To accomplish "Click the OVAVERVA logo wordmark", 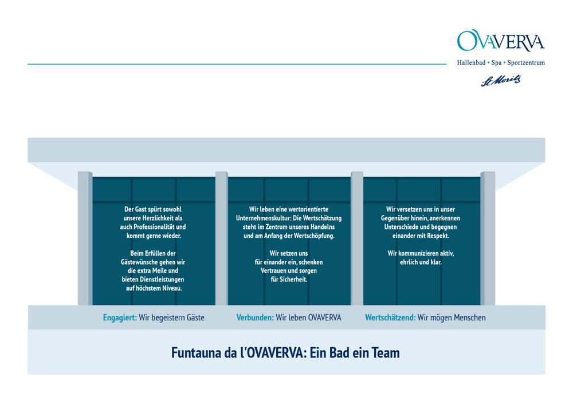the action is coord(501,41).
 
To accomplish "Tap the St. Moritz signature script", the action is coord(501,81).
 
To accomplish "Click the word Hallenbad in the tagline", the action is coord(471,63).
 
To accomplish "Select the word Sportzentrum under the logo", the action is coord(526,63).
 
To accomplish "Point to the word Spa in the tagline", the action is coord(496,63).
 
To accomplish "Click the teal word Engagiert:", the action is coord(120,318).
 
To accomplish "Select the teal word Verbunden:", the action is coord(255,318).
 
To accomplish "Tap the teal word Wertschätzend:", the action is coord(390,318).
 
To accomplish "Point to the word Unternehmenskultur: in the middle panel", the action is coord(264,218).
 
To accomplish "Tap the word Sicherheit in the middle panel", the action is coord(293,280).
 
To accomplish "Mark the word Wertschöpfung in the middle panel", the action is coord(314,236).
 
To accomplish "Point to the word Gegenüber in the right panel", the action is coord(395,218).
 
